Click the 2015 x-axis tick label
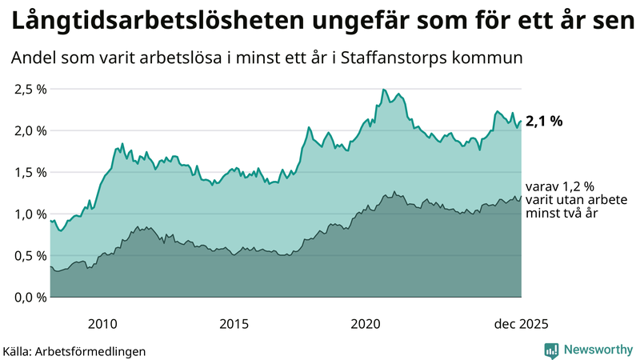coord(234,324)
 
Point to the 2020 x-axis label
coord(366,324)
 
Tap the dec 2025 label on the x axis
coord(521,324)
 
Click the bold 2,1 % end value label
coord(544,122)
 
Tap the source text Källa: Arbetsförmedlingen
coord(74,350)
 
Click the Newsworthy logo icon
coord(551,350)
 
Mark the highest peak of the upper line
coord(384,90)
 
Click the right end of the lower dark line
coord(521,197)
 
